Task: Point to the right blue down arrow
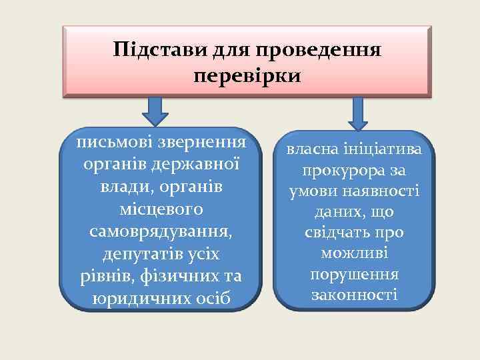(358, 113)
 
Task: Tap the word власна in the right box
(313, 150)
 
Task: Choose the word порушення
(358, 275)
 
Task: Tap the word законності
(358, 295)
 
